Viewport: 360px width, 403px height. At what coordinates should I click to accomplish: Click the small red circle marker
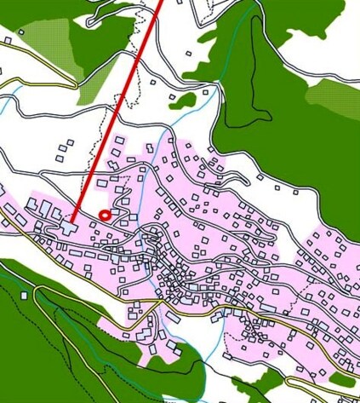105,215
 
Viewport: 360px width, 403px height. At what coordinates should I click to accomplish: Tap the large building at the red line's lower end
68,227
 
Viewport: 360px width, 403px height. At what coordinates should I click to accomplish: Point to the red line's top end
160,2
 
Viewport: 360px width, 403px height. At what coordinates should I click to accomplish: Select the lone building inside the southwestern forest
25,295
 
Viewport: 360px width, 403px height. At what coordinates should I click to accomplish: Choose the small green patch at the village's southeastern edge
342,379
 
